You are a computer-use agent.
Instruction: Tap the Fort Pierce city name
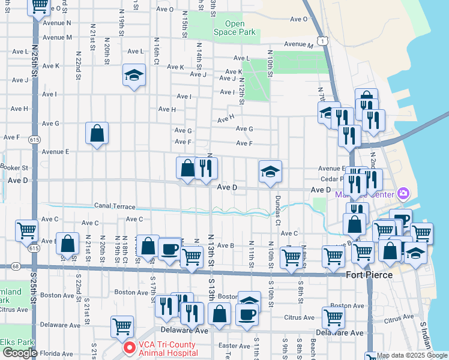tap(369, 275)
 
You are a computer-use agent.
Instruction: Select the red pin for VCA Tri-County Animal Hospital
tap(128, 348)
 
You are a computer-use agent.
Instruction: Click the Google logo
tap(20, 353)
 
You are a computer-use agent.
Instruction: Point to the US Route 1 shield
tap(323, 40)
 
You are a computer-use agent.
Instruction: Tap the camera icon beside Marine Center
tap(403, 193)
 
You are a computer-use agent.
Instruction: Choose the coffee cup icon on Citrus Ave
tap(247, 313)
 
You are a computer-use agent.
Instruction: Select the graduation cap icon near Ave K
tap(134, 75)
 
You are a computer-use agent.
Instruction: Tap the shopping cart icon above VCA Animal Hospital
tap(122, 327)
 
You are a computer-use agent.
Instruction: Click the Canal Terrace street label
tap(115, 206)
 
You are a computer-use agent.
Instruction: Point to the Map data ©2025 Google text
tap(413, 355)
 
